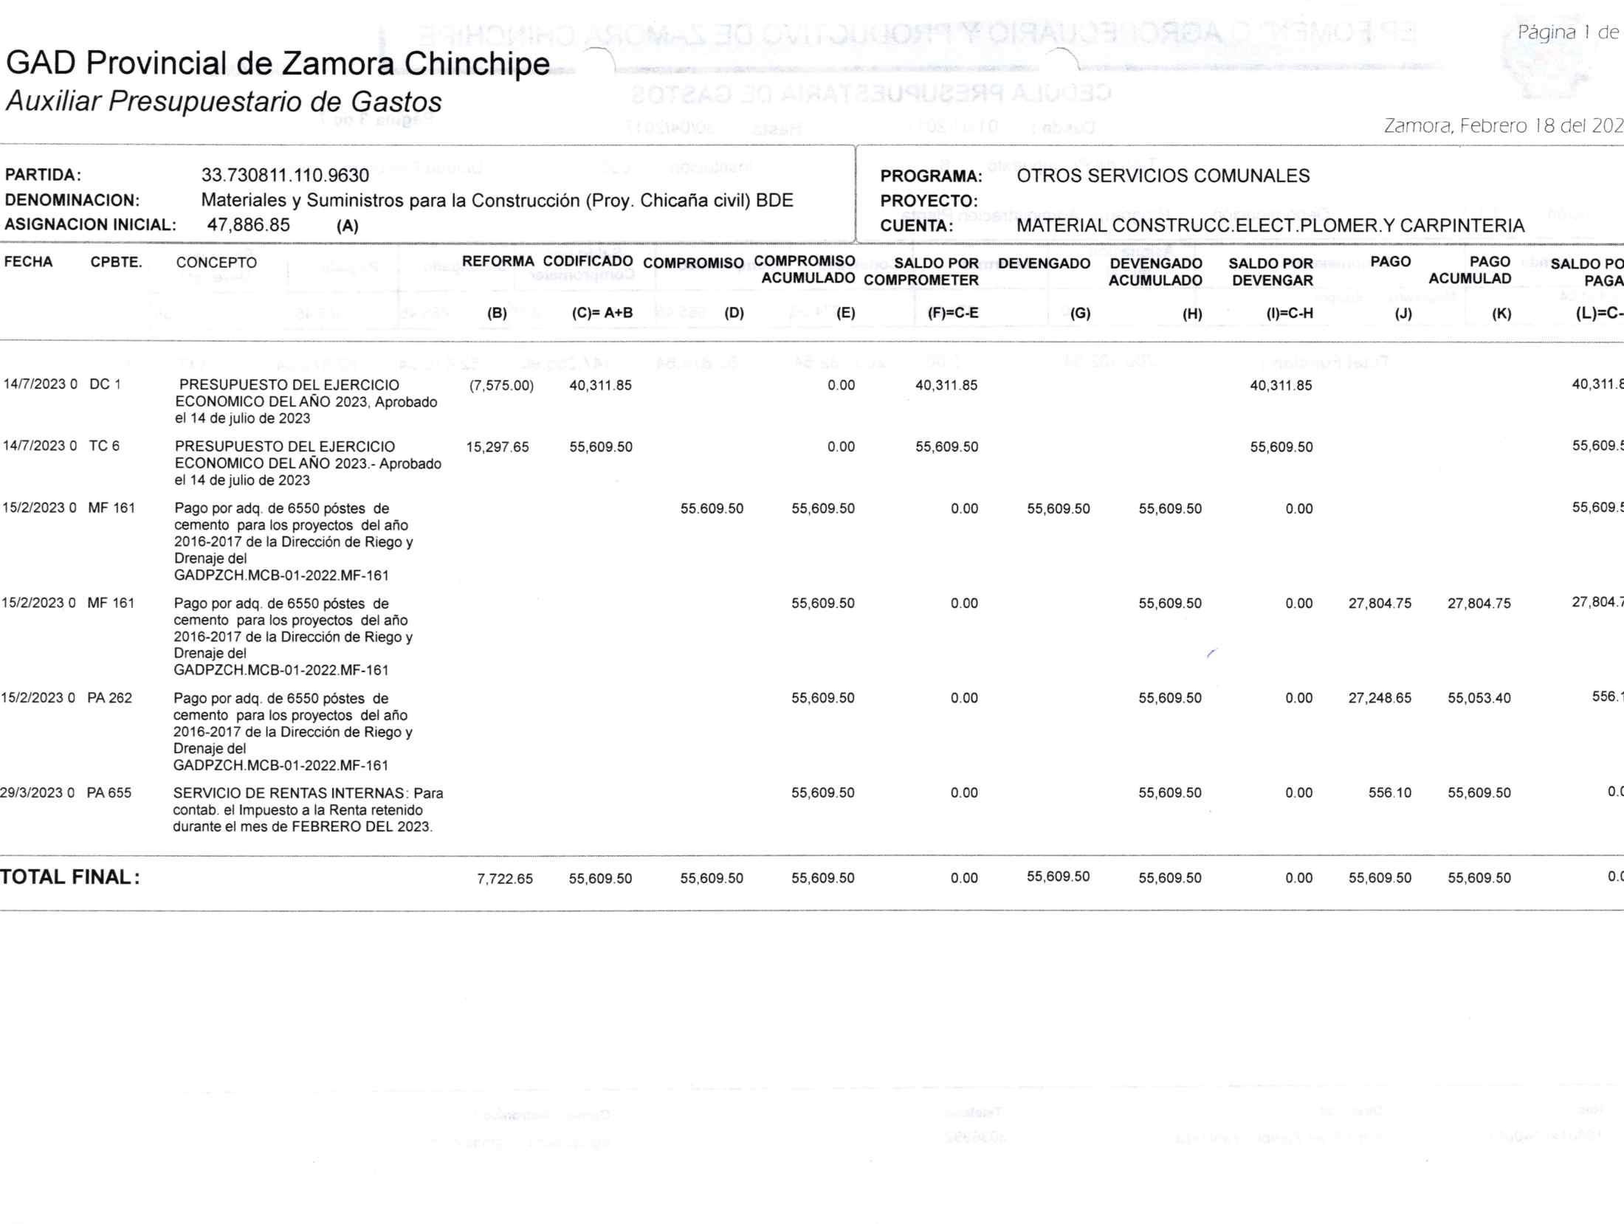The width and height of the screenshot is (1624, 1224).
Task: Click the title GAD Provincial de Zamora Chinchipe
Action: (x=278, y=64)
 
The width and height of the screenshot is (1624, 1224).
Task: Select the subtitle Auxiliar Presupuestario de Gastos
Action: (x=224, y=101)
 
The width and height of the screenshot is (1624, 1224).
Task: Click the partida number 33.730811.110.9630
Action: (x=285, y=176)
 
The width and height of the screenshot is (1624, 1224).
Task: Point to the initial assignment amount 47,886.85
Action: (x=249, y=225)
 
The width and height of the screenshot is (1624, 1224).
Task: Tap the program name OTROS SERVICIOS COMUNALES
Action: (x=1163, y=176)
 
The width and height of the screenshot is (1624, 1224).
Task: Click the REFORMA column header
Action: (x=498, y=261)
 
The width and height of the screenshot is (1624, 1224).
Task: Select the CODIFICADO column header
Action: (x=588, y=261)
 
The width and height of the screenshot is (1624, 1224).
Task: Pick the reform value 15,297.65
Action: (x=498, y=447)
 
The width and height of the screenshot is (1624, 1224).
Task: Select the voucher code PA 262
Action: (x=109, y=698)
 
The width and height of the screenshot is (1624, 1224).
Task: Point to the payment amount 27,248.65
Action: (x=1380, y=698)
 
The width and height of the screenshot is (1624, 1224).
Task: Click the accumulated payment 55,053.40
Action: (x=1479, y=698)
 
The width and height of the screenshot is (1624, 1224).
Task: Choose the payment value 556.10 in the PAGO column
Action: (x=1389, y=793)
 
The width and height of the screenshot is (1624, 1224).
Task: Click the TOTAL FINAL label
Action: (x=70, y=877)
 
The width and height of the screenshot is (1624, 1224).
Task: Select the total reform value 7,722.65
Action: (x=505, y=879)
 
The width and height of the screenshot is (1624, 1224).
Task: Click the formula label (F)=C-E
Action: (x=953, y=313)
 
